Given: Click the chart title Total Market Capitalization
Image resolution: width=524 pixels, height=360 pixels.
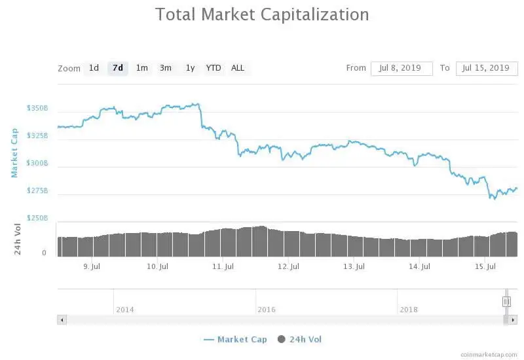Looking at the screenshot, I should (x=262, y=14).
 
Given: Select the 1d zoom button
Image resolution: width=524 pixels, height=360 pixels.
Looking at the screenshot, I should (x=94, y=68).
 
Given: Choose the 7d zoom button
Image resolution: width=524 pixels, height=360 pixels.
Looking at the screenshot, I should (x=118, y=68).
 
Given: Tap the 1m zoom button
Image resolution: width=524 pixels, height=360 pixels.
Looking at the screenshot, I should (x=141, y=68).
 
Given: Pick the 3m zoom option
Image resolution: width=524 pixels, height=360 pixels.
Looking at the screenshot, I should (x=166, y=68).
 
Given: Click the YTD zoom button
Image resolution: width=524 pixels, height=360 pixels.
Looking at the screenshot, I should (x=214, y=68).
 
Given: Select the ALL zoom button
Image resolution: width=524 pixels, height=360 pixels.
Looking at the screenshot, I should (x=238, y=68).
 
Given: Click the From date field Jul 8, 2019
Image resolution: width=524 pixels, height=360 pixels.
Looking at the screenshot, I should (x=402, y=68).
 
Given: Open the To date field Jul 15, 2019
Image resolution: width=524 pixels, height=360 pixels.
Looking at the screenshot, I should (x=485, y=68).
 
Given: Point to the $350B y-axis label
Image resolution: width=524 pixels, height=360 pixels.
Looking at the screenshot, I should (x=37, y=108).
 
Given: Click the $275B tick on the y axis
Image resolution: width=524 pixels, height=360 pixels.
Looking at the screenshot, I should (x=37, y=190).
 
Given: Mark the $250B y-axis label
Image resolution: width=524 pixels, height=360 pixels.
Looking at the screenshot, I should (x=37, y=217).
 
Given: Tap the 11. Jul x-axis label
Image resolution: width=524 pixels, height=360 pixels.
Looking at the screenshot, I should (x=223, y=267).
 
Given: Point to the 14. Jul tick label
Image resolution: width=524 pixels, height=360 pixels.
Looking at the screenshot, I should (x=419, y=267).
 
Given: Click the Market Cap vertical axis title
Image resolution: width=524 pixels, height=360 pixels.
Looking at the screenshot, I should (x=14, y=153).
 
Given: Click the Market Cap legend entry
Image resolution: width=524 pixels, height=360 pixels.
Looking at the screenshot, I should (x=235, y=339).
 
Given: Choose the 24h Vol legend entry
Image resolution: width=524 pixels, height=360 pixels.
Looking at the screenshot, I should (x=299, y=339).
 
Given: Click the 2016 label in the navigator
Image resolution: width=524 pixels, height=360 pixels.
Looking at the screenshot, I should (x=267, y=310).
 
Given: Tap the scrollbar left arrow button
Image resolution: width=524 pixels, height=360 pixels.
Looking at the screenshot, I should (x=62, y=320).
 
